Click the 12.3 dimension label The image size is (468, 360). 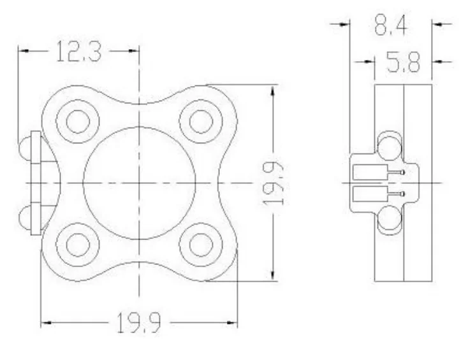(x=79, y=52)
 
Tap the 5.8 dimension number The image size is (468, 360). (x=403, y=62)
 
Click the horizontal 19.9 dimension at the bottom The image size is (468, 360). (x=139, y=322)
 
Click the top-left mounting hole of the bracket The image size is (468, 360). (x=78, y=122)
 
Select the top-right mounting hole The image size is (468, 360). (x=201, y=122)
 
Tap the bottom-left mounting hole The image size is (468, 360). (x=78, y=245)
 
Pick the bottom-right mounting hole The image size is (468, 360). (x=201, y=245)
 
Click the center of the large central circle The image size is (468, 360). (x=139, y=183)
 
